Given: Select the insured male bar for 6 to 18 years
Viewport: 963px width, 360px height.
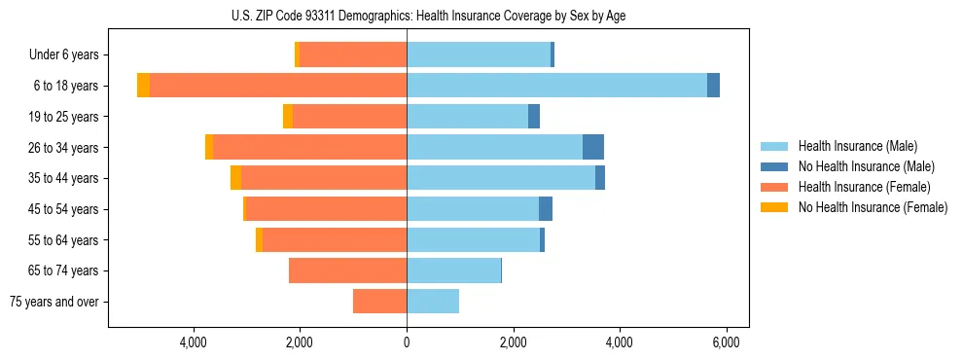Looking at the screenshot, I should tap(556, 86).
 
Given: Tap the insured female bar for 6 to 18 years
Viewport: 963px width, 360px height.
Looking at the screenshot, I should tap(278, 86).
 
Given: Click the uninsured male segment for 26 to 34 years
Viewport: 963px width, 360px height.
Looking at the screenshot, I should tap(593, 147).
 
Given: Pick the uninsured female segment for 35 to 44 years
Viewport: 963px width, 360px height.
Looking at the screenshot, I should tap(235, 178).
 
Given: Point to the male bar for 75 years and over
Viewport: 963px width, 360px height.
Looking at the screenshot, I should tap(433, 302).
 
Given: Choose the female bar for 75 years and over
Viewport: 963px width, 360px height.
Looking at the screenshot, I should tap(379, 302).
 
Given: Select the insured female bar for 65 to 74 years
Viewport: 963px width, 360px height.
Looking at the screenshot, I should tap(347, 270).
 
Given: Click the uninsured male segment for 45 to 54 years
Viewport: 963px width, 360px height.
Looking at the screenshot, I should tap(546, 209).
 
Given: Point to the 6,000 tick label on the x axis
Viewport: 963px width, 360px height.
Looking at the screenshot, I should tap(726, 342).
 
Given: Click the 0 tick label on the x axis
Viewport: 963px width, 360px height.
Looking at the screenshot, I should tap(407, 342).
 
